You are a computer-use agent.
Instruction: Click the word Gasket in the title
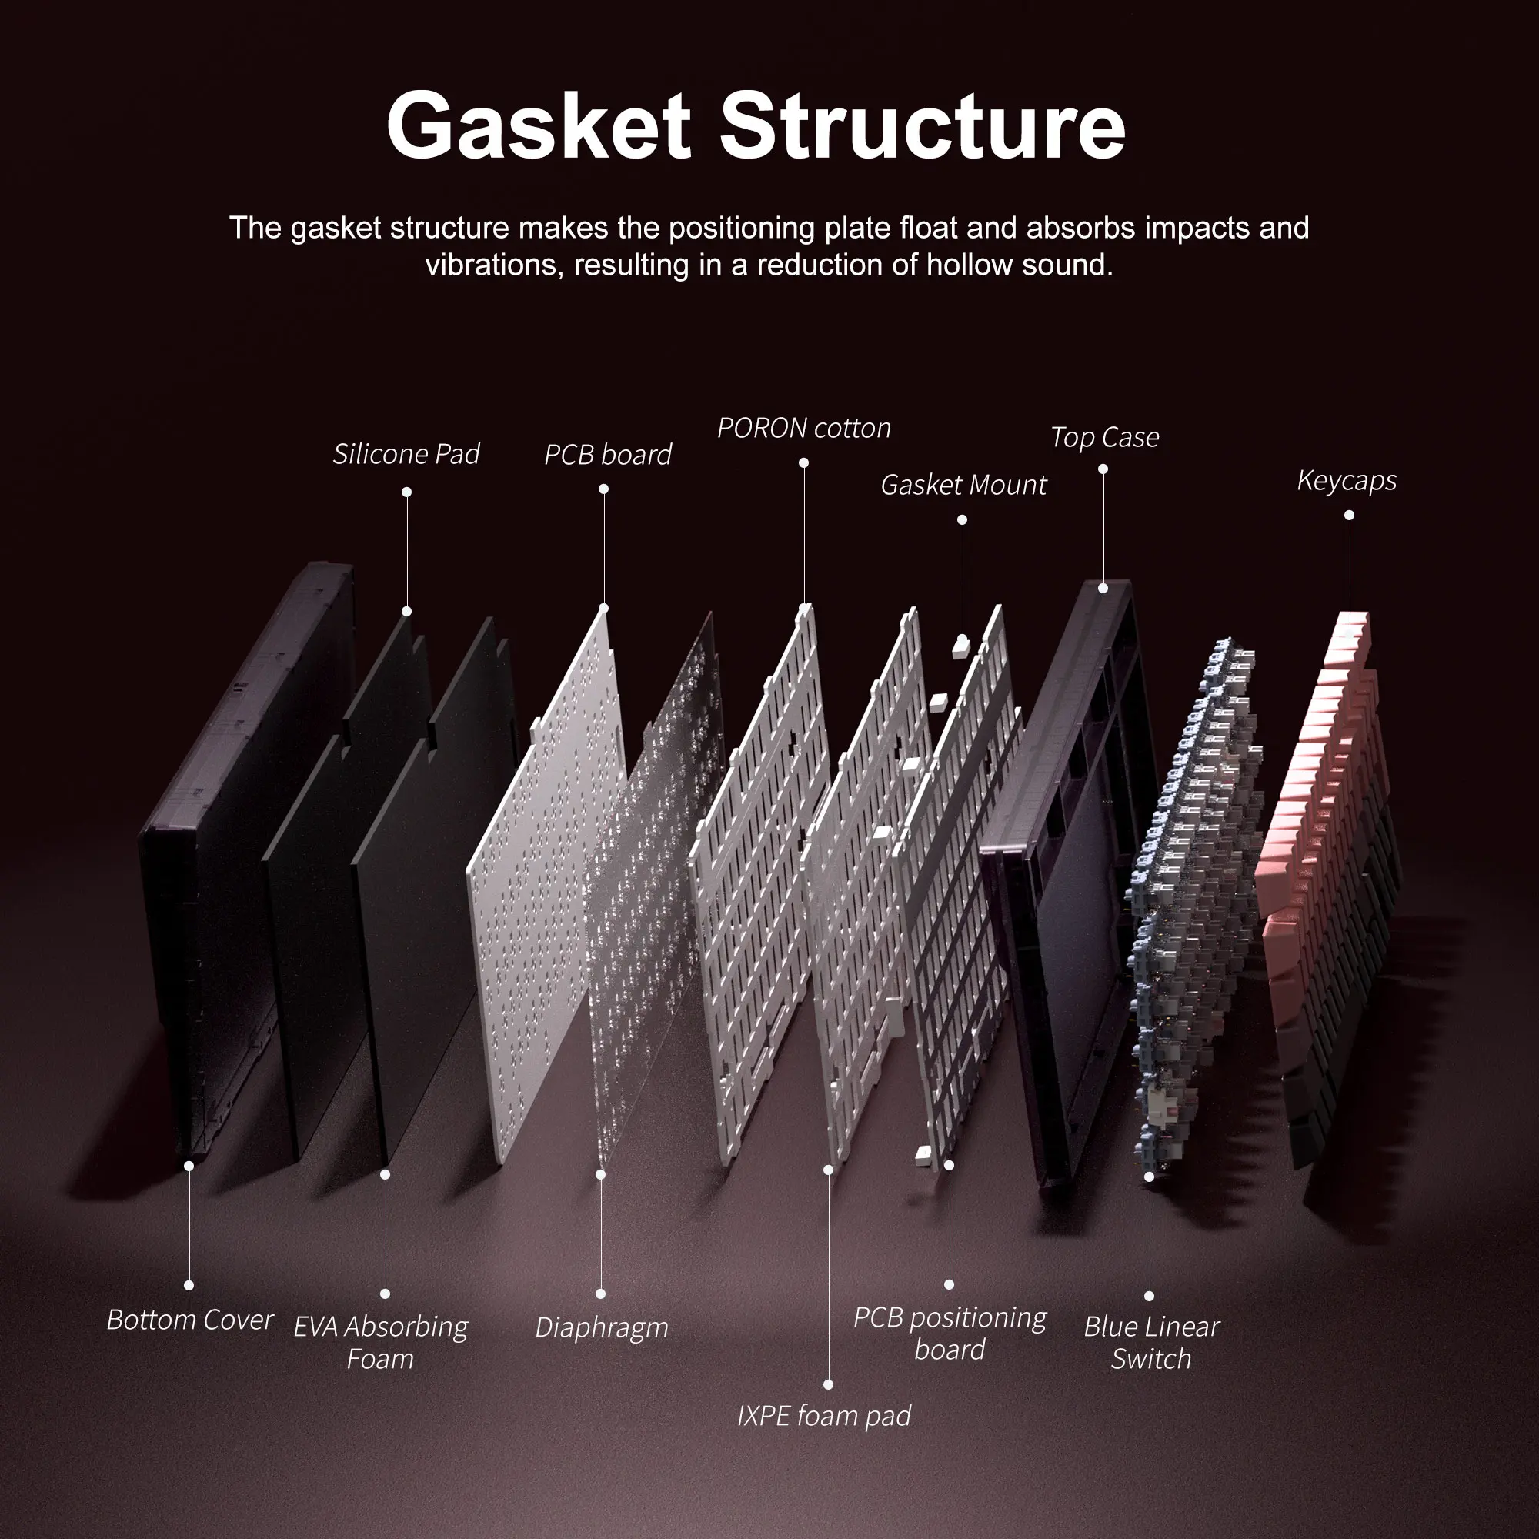coord(539,126)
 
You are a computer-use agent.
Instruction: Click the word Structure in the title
coord(923,126)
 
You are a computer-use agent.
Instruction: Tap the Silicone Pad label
coord(406,454)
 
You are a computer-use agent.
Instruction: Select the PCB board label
coord(608,455)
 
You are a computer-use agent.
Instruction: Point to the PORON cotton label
coord(804,429)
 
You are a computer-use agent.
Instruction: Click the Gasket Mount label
coord(963,485)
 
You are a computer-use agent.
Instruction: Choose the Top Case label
coord(1104,437)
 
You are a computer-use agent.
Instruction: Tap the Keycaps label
coord(1346,481)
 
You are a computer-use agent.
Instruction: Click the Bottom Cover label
coord(189,1320)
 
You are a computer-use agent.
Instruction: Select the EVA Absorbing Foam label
coord(381,1343)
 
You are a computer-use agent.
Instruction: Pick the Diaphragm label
coord(602,1328)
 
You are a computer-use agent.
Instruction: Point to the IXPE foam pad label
coord(823,1416)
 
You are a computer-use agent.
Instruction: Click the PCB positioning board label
coord(950,1334)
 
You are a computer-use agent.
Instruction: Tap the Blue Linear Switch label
coord(1151,1343)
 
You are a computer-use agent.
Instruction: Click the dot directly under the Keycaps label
coord(1349,516)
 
